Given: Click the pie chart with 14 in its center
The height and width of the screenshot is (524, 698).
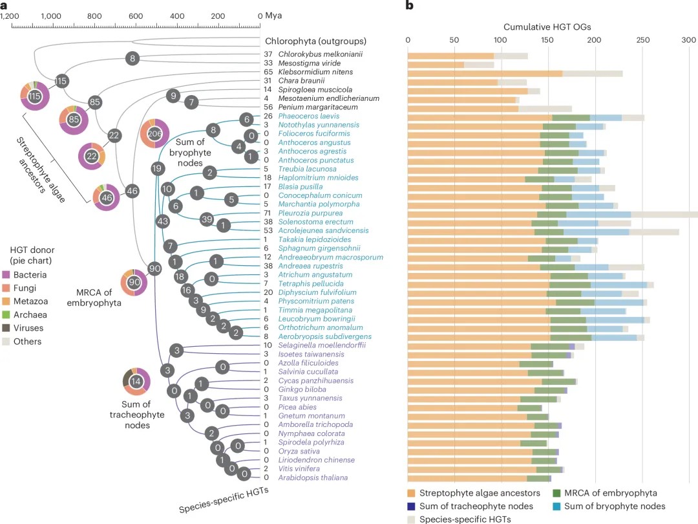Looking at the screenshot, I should [x=136, y=382].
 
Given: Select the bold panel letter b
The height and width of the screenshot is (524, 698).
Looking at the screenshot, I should [x=409, y=6].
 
